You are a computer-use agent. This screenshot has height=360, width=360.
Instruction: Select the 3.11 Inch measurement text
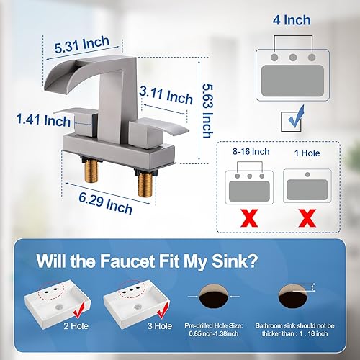[166, 93]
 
